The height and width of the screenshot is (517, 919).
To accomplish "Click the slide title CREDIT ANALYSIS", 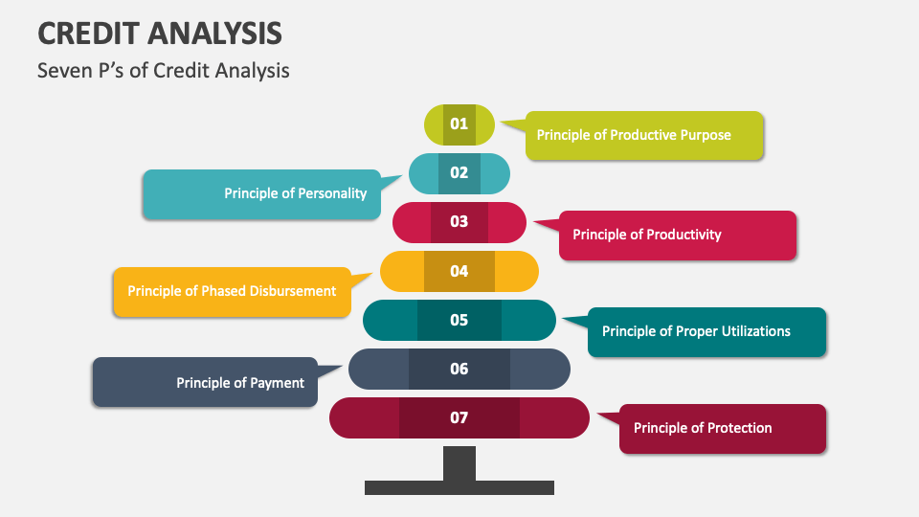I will pos(160,34).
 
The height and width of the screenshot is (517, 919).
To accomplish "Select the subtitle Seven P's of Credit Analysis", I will pos(163,70).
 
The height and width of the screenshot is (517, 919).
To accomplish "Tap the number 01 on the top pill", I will pos(459,124).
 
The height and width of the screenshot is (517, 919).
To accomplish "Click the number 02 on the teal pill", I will pos(459,172).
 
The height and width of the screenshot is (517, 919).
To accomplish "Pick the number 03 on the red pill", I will pos(459,221).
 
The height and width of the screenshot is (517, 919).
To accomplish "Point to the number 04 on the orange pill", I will pos(459,271).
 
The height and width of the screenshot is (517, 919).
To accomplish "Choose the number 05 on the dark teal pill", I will pos(459,320).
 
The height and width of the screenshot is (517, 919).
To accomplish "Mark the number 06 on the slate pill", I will pos(459,369).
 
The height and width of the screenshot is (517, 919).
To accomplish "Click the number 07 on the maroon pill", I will pos(459,417).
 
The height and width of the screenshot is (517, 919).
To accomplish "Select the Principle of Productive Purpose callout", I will pos(644,135).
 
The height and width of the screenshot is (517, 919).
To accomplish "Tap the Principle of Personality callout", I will pos(261,193).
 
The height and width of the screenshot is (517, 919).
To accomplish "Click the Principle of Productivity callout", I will pos(677,235).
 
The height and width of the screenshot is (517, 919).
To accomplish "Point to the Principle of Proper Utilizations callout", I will pos(706,331).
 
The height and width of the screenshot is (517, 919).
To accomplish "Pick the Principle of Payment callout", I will pos(205,383).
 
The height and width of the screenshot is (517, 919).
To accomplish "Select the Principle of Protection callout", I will pos(723,428).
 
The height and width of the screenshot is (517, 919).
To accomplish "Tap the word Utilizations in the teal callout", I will pos(750,331).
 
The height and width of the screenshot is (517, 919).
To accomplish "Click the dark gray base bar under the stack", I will pos(459,487).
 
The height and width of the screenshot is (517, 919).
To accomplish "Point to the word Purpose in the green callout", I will pos(706,135).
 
